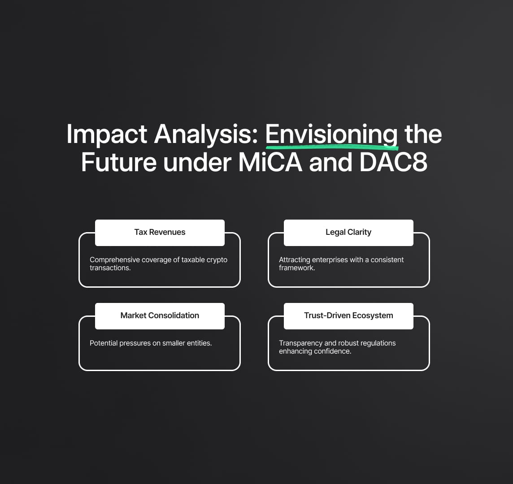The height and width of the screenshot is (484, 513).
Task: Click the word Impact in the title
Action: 107,134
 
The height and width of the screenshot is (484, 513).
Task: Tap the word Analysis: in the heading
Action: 206,134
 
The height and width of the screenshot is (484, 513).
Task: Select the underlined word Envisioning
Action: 331,134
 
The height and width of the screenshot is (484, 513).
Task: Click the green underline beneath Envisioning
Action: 332,147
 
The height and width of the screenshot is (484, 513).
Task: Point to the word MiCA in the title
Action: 270,162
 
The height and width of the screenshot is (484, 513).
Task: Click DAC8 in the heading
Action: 393,162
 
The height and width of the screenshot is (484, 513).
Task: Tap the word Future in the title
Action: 119,162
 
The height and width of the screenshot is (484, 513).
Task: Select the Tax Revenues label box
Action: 160,233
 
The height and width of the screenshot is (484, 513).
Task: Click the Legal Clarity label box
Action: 348,233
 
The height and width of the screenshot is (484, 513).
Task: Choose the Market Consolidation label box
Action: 160,316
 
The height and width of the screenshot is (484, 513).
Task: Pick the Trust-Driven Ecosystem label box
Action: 348,316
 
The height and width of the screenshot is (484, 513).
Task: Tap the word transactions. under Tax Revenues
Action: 110,268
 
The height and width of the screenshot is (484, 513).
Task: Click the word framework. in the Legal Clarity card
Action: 297,268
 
